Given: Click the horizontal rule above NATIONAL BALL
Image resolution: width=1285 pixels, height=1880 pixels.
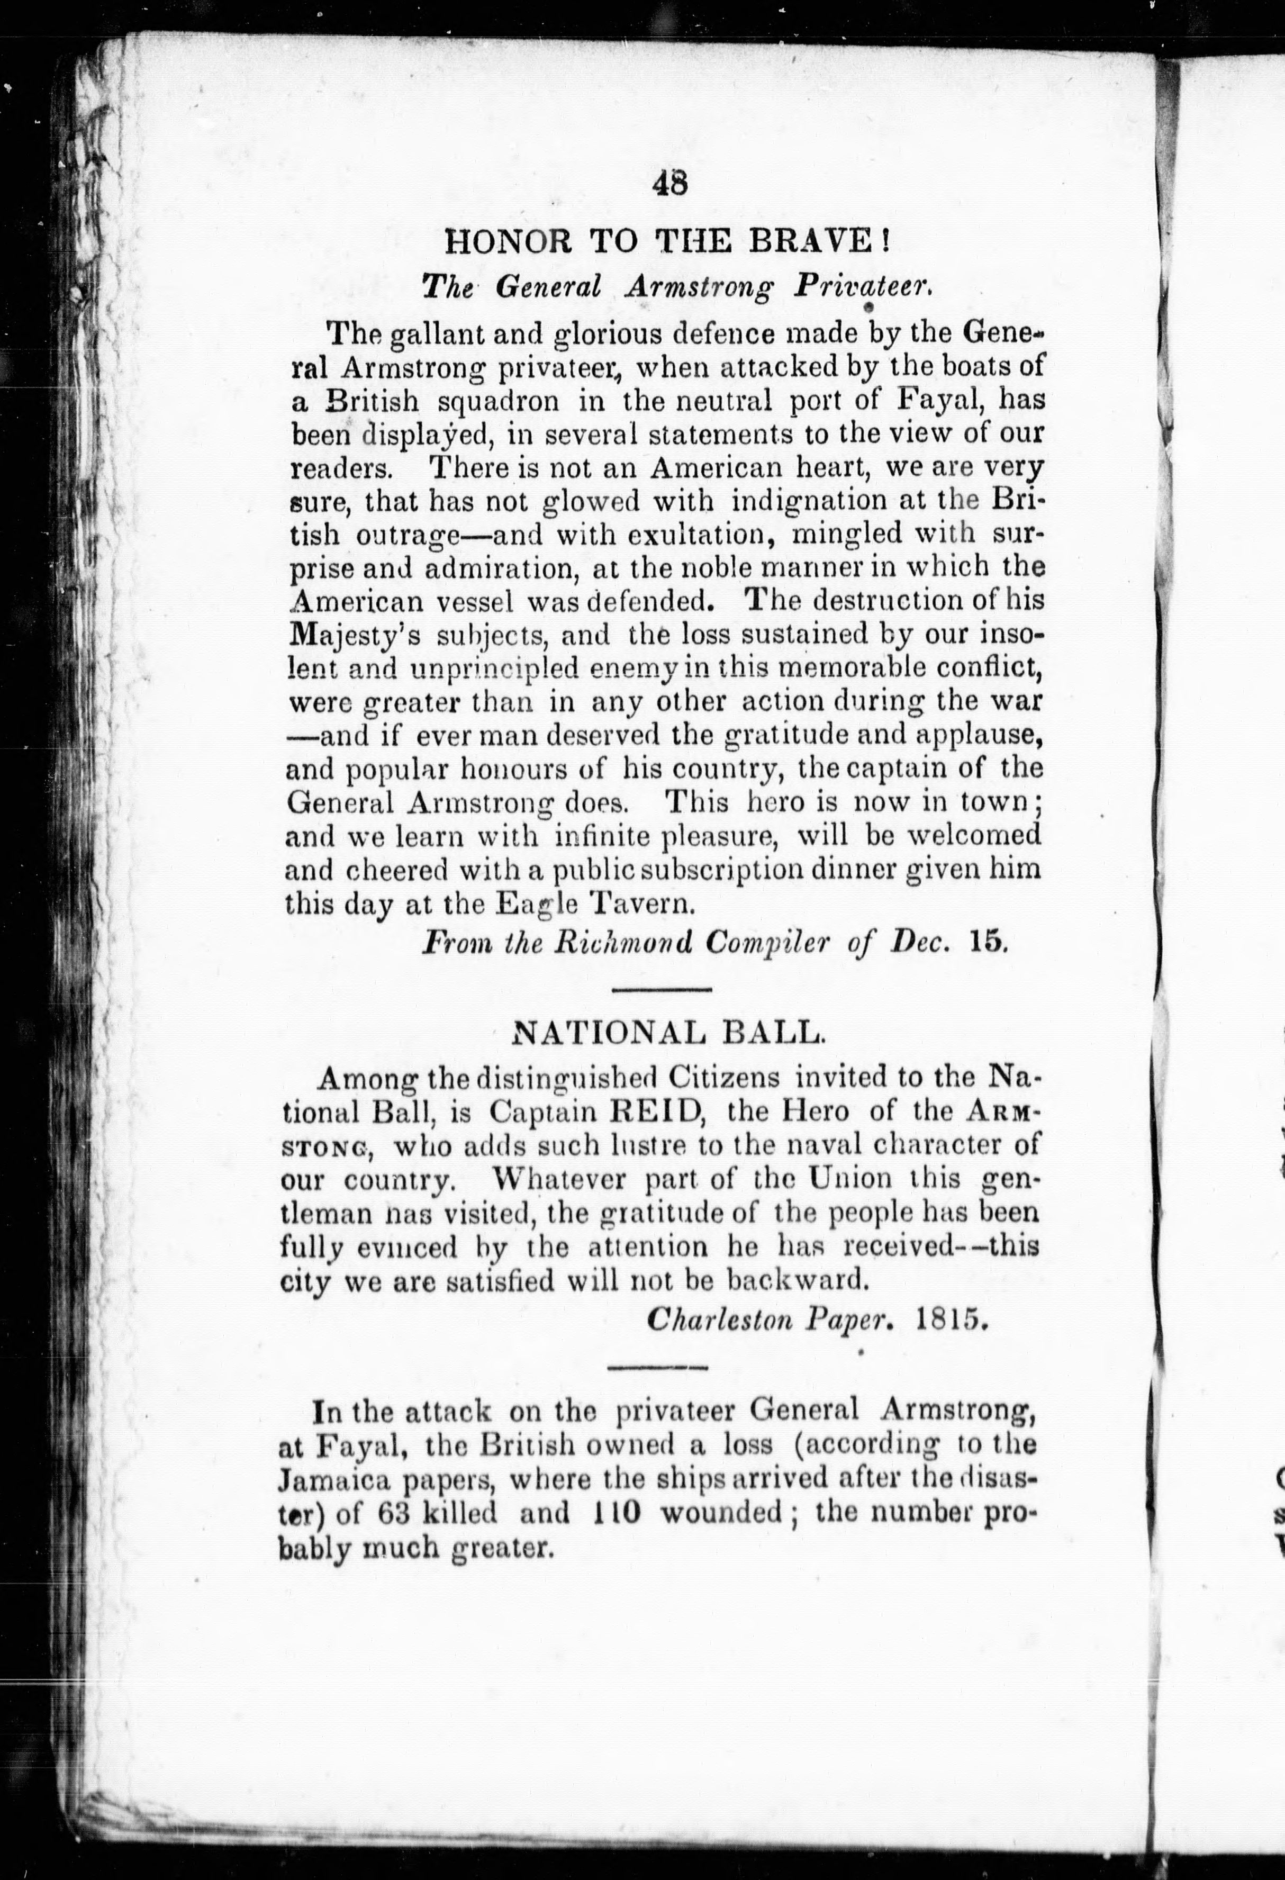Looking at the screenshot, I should tap(660, 989).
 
